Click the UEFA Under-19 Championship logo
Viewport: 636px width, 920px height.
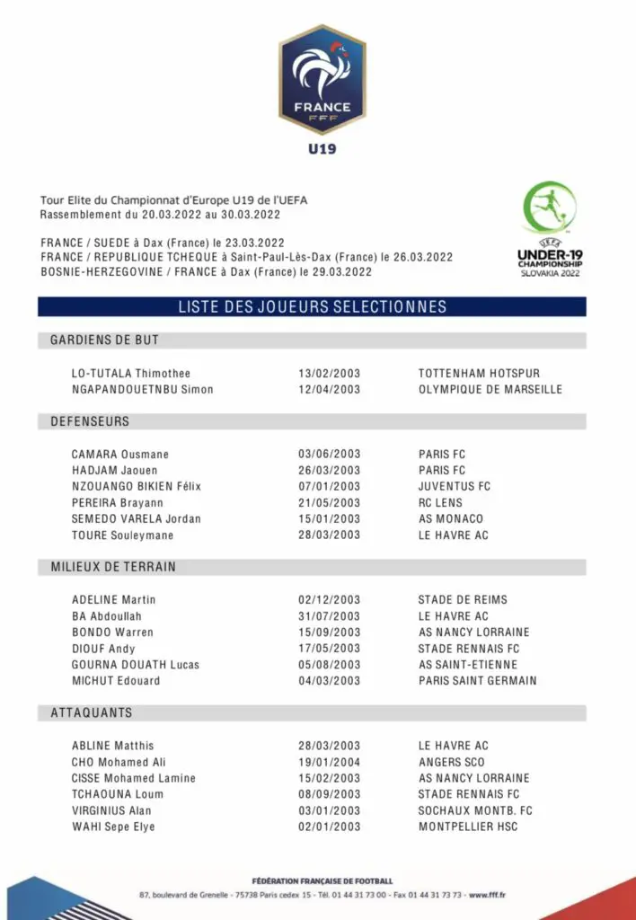549,230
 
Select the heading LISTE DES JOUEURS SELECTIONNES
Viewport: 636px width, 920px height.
312,307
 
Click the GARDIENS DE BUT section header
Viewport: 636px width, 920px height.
104,341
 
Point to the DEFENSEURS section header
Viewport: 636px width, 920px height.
90,421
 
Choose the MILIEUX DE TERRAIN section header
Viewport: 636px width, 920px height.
113,567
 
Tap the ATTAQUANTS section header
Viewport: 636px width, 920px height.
91,712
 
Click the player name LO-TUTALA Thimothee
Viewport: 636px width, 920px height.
131,373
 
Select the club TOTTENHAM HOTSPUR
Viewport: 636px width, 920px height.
479,373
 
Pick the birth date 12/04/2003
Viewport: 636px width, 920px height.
329,389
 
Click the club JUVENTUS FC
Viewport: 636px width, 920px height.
455,486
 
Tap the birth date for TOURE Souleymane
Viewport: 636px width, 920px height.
329,535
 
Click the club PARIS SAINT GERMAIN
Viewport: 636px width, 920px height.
477,680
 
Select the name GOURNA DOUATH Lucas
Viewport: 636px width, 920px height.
136,664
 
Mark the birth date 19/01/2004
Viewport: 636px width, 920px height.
329,761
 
